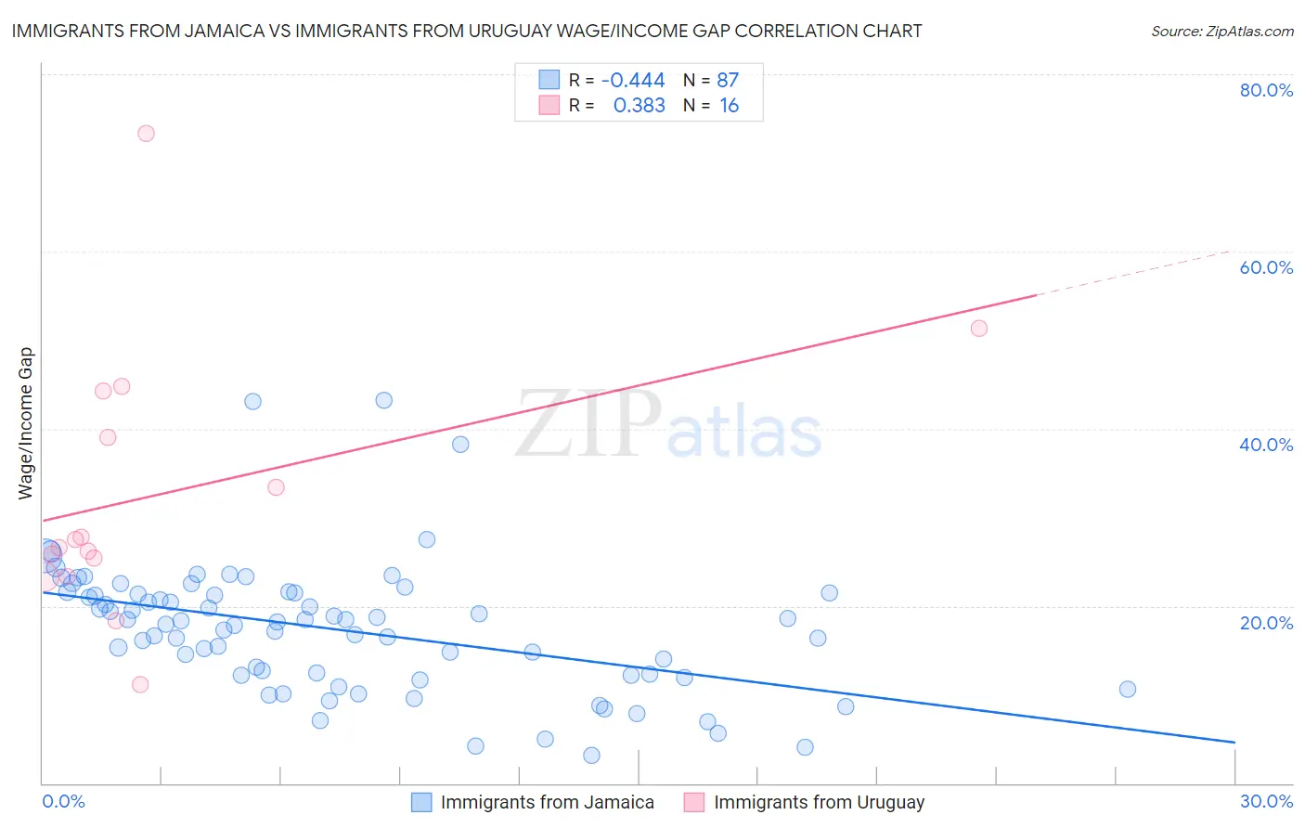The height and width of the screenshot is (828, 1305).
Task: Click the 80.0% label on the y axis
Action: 1266,90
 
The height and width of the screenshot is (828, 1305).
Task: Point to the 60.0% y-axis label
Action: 1266,267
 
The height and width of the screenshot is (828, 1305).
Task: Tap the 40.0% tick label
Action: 1266,445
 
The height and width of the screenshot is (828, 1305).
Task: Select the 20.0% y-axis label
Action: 1266,622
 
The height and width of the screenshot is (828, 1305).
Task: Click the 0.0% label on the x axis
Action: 63,801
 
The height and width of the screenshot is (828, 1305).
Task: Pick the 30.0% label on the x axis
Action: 1266,801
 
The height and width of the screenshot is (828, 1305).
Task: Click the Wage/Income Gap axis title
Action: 25,423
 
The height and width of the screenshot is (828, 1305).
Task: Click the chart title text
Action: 467,31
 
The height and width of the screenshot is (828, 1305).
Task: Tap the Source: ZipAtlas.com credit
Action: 1221,31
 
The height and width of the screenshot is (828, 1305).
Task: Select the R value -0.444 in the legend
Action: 633,80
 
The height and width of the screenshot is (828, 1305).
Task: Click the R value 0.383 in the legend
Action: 639,106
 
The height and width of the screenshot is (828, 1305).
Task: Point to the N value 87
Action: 728,80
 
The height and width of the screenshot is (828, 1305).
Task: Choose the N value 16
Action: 729,106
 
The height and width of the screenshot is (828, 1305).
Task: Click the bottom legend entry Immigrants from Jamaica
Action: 547,802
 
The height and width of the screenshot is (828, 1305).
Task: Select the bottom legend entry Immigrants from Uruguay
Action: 819,802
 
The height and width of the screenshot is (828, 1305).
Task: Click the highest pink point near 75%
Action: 146,133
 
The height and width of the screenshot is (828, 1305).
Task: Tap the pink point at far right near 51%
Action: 978,328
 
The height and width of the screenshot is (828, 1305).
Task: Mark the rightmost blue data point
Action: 1128,689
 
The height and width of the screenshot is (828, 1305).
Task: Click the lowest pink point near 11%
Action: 140,684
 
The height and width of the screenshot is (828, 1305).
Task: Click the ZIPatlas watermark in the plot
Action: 668,425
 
